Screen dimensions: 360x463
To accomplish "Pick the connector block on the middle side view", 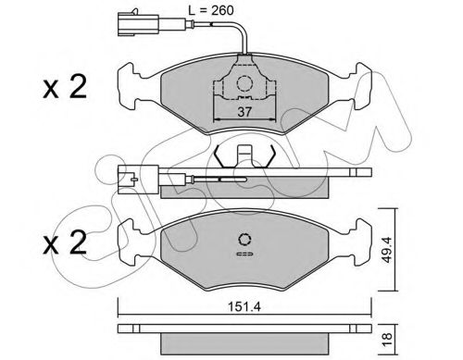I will coord(133,171).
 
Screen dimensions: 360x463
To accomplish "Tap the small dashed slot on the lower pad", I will coord(245,252).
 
